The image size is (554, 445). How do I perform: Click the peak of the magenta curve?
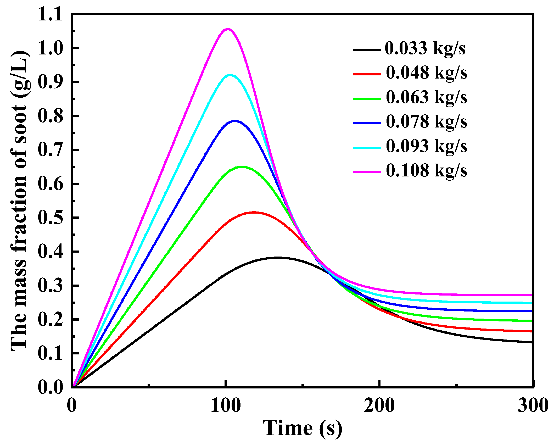point(227,29)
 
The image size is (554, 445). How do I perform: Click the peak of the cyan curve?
point(230,75)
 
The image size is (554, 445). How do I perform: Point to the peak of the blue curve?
point(234,121)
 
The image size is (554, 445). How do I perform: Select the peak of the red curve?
point(254,212)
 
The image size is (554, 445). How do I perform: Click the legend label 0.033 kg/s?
point(425,48)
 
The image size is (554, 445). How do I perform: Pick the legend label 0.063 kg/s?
point(426,97)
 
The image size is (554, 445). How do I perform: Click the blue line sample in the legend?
point(367,123)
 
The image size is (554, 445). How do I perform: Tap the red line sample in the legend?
point(367,74)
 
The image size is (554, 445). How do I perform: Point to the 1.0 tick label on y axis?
point(50,48)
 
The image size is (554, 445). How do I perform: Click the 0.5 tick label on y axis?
point(50,218)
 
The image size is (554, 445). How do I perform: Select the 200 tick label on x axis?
point(379,406)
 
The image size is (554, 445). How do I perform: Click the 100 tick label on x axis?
point(225,406)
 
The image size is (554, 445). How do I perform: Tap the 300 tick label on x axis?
point(533,406)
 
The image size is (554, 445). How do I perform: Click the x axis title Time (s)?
point(302,429)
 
